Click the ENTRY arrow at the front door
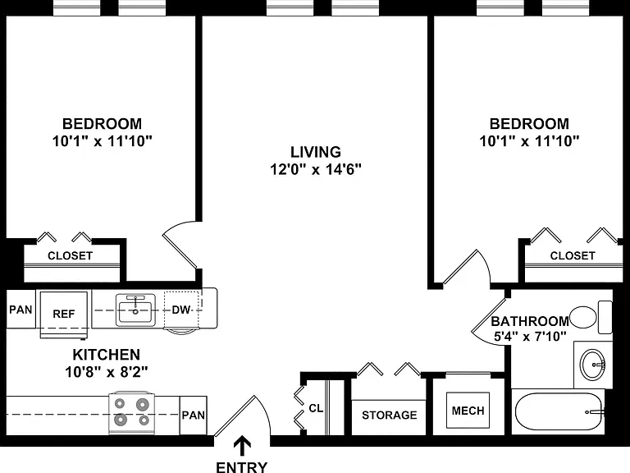click(242, 447)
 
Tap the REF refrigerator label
click(64, 314)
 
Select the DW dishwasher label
click(180, 310)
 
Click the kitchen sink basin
click(135, 310)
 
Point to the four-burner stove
click(132, 412)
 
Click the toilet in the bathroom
click(591, 317)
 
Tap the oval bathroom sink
click(592, 364)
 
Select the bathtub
click(559, 411)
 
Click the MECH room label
click(468, 411)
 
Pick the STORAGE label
click(390, 415)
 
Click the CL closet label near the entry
click(316, 408)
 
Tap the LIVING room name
click(316, 152)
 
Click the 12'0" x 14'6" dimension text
click(316, 169)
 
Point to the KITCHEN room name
click(107, 355)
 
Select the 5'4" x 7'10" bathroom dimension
click(530, 336)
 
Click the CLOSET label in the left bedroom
click(71, 256)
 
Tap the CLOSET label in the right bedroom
click(573, 256)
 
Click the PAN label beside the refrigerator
click(21, 310)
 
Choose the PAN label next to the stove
click(194, 415)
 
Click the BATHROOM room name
click(530, 321)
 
